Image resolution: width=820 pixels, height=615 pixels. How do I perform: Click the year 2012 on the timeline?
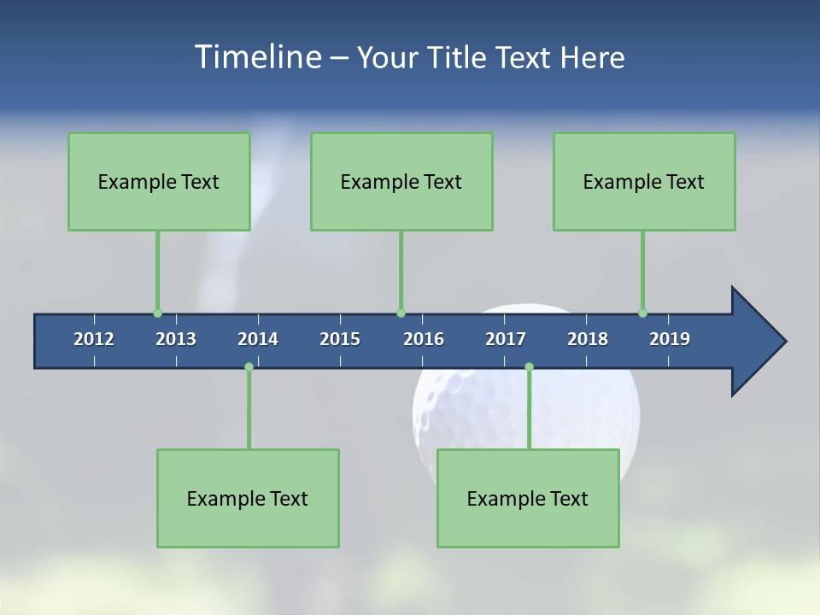click(94, 339)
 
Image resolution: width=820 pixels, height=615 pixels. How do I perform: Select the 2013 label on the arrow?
click(176, 339)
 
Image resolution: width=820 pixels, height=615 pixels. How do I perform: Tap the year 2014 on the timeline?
click(258, 339)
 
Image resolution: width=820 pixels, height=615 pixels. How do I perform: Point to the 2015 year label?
click(340, 339)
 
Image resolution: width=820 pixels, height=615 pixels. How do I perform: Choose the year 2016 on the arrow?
click(424, 339)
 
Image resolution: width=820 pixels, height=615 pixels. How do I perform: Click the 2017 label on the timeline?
click(506, 339)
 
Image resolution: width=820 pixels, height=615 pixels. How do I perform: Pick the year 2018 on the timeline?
click(588, 339)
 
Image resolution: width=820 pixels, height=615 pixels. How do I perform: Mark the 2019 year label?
click(670, 339)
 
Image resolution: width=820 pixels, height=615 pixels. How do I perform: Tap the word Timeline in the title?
click(257, 57)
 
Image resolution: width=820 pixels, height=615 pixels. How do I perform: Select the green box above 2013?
click(159, 181)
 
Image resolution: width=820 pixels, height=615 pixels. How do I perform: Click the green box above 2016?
click(401, 181)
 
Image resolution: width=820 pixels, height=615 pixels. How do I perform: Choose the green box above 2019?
click(644, 181)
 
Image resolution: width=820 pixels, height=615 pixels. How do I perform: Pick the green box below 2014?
click(248, 498)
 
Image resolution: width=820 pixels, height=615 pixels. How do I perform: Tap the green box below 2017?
click(528, 498)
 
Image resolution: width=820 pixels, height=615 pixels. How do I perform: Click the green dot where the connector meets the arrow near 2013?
click(157, 313)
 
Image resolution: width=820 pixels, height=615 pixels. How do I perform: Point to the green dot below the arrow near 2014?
click(249, 366)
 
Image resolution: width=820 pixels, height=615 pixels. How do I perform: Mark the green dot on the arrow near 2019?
click(642, 313)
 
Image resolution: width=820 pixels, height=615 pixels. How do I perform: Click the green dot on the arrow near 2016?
click(401, 313)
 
